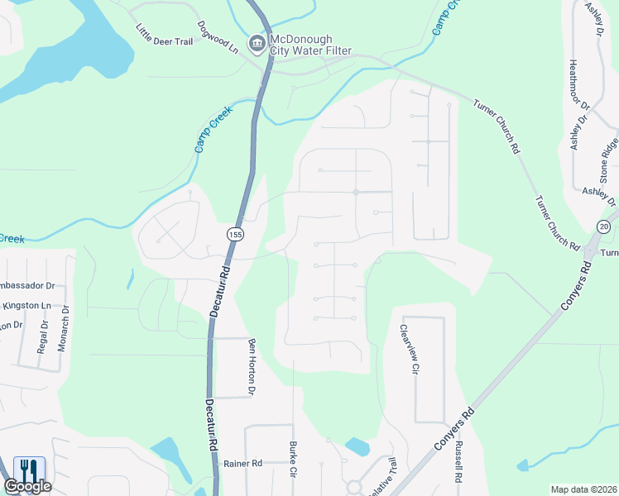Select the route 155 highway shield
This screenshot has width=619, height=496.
coord(236,235)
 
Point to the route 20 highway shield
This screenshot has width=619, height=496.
coord(603,227)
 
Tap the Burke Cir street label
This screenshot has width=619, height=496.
coord(293,460)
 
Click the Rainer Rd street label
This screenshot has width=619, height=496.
coord(242,464)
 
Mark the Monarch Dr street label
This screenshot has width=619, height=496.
coord(62,328)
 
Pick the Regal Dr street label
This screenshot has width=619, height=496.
coord(43,336)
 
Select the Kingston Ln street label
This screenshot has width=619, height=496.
coord(27,306)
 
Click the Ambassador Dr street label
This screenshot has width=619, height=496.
coord(26,285)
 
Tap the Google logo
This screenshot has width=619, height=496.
coord(27,487)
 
